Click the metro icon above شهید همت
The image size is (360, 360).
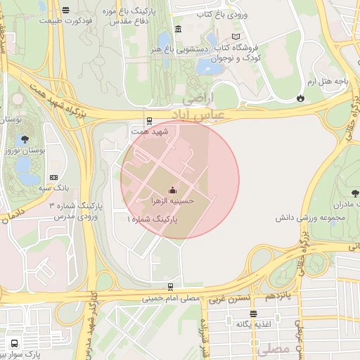(x=148, y=120)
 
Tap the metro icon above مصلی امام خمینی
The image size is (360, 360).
(x=170, y=287)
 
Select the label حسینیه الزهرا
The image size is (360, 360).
(x=173, y=201)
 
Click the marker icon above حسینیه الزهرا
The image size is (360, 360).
(x=173, y=190)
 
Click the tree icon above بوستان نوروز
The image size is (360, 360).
(x=26, y=139)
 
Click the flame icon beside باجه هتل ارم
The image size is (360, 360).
(x=301, y=97)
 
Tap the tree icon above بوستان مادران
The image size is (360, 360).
(x=354, y=193)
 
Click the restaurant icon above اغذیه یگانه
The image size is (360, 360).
(x=252, y=314)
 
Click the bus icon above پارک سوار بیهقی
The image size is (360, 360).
(x=15, y=344)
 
